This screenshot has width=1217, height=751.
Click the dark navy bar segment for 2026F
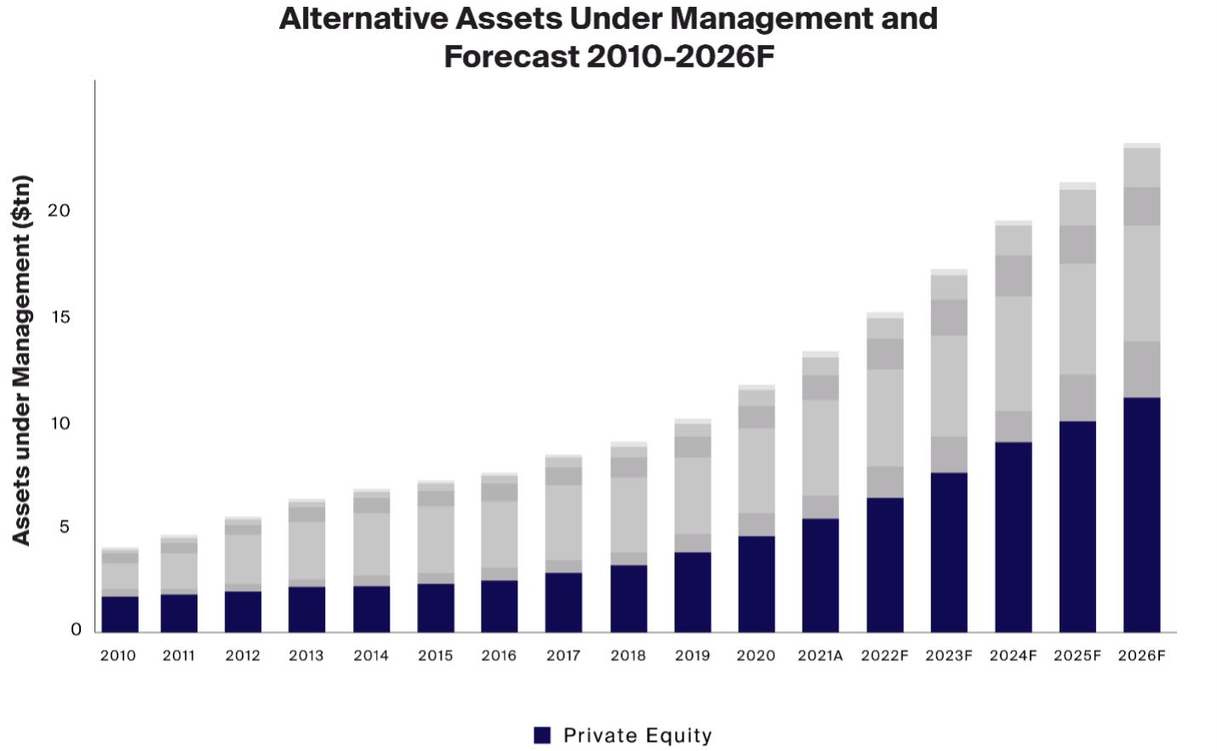click(1141, 514)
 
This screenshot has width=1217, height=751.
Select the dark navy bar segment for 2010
click(120, 614)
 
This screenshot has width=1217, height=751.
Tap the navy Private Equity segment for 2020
click(757, 583)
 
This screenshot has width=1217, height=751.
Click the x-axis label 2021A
click(820, 656)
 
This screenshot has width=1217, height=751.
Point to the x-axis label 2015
click(435, 656)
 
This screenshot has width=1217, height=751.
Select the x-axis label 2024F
click(1013, 656)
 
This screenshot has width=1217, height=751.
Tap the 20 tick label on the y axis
click(59, 210)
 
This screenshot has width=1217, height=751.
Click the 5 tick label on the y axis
click(65, 527)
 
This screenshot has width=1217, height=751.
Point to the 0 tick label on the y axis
click(76, 629)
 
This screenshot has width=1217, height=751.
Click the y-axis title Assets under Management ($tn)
click(22, 359)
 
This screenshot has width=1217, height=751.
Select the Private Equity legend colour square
click(542, 735)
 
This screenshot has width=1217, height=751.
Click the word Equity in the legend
click(678, 736)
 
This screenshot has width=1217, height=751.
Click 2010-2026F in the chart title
click(680, 57)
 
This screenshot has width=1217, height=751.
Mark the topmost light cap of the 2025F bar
click(1077, 186)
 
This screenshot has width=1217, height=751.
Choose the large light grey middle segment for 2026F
click(1141, 283)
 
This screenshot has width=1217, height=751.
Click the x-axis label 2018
click(628, 656)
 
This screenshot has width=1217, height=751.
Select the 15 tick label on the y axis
click(60, 317)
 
